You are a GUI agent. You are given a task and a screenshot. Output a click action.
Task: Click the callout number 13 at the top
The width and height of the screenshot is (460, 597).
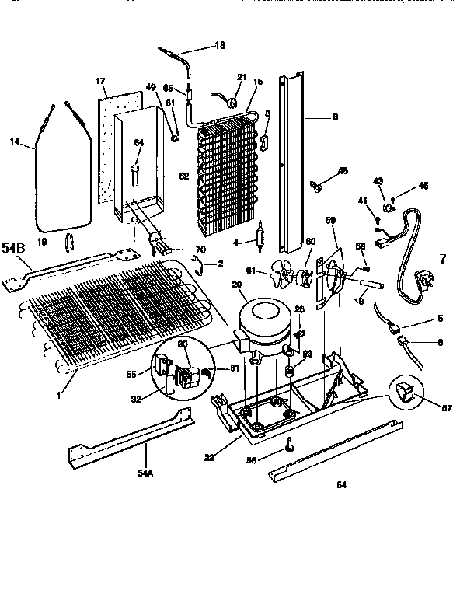220,46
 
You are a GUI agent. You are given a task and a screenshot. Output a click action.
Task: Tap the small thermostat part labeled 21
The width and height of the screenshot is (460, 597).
231,99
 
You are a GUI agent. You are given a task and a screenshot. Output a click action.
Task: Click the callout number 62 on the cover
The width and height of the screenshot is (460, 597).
183,176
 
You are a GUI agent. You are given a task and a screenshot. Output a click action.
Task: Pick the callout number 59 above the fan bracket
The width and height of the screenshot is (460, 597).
330,222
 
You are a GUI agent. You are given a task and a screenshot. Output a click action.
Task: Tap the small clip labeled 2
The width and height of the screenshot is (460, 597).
199,266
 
